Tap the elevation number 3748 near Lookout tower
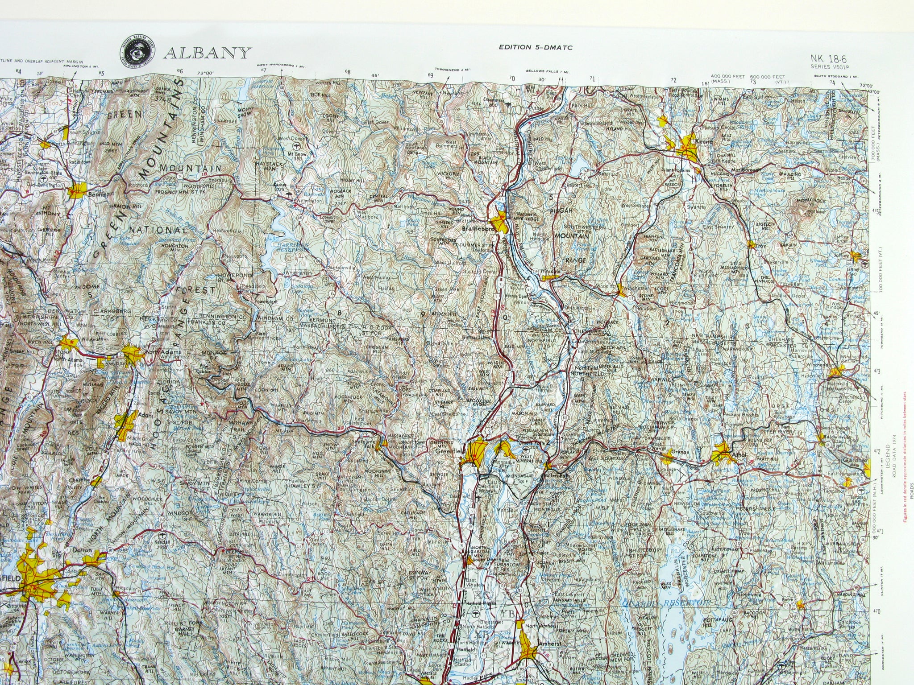tap(165, 100)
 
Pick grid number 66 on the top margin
tap(180, 71)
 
